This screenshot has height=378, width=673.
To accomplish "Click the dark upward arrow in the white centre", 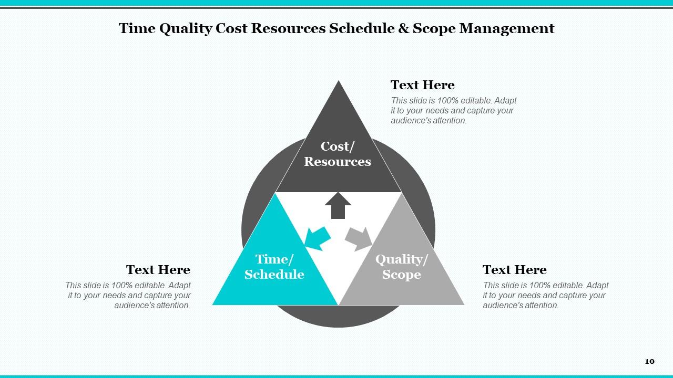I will tap(338, 205).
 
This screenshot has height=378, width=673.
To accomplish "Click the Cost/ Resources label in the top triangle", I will tap(338, 154).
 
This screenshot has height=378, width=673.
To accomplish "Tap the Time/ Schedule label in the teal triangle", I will tap(274, 267).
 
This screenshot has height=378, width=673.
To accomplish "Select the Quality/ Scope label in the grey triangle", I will tap(402, 267).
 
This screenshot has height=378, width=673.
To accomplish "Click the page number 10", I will tap(649, 361).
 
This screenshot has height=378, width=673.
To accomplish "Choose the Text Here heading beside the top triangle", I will tap(422, 85).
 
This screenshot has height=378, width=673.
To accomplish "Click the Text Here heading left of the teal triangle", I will tap(158, 270).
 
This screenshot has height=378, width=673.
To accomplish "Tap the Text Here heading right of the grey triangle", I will tap(514, 270).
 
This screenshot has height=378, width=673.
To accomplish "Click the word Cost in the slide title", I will tap(231, 28).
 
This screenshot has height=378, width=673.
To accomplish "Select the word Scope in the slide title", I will tap(434, 28).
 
